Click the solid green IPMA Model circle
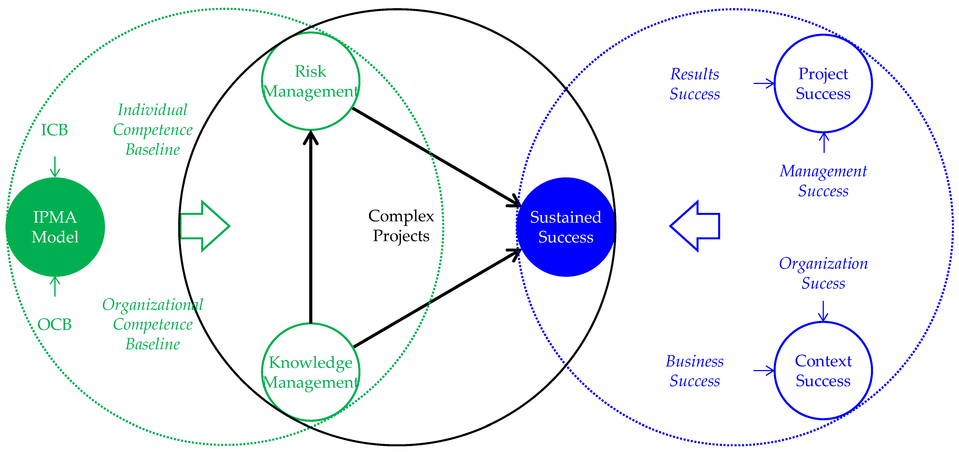(55, 227)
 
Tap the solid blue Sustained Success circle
(566, 227)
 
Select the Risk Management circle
(311, 81)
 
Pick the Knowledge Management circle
(311, 372)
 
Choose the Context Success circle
(823, 370)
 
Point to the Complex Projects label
(401, 226)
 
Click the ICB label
(54, 130)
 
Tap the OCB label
(54, 324)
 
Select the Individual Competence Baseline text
(153, 129)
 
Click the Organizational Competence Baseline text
(153, 324)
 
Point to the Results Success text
(695, 84)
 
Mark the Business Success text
(695, 371)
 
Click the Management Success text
(823, 181)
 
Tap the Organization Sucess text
(823, 273)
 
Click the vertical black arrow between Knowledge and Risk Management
(311, 227)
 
